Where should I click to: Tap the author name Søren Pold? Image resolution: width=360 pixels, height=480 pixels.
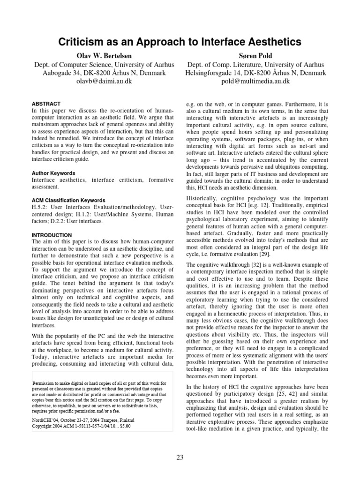[255, 56]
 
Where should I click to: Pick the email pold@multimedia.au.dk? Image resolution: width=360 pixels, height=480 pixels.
[255, 81]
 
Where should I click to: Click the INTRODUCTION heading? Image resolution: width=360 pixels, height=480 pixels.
[52, 235]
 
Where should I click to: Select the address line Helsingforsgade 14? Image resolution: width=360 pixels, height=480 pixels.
[255, 73]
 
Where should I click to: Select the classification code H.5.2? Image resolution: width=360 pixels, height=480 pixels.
[39, 207]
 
